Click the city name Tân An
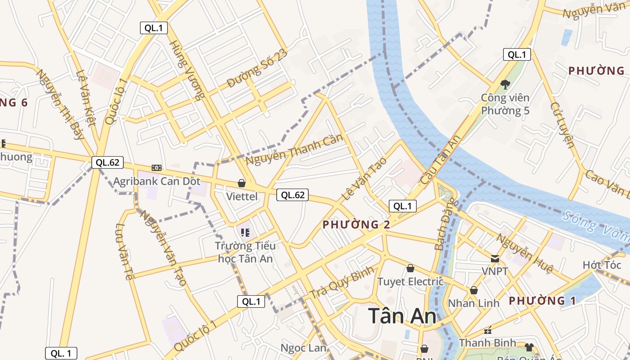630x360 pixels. pos(402,316)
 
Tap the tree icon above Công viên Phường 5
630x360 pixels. pos(505,84)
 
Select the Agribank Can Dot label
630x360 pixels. pos(157,181)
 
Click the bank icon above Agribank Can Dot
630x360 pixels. pos(157,167)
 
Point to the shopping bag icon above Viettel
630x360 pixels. pos(242,183)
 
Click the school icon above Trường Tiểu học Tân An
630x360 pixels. pos(245,233)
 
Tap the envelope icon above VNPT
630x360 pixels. pos(495,259)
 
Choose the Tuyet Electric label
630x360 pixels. pos(410,282)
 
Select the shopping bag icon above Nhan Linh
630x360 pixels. pos(474,290)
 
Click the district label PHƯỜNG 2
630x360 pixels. pos(356,224)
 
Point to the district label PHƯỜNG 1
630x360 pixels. pos(542,301)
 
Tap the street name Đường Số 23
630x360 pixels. pos(256,69)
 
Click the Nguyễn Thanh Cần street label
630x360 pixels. pos(294,149)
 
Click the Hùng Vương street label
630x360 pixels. pos(187,70)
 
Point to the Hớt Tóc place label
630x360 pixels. pos(602,265)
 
